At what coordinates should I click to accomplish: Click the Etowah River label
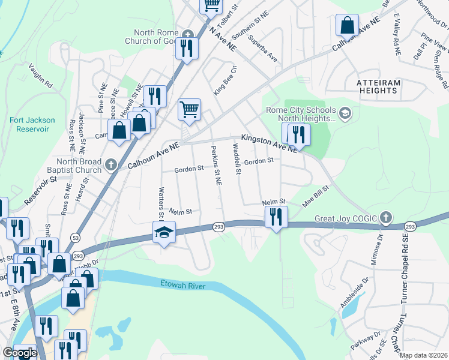tap(182, 285)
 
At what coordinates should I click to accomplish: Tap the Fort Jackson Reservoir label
tap(32, 124)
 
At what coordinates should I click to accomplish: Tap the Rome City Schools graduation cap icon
tap(345, 113)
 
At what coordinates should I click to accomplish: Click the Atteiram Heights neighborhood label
tap(377, 86)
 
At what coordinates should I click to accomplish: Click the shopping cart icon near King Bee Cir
tap(189, 110)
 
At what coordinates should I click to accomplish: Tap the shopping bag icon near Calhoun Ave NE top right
tap(347, 25)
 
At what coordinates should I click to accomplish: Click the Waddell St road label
tap(237, 161)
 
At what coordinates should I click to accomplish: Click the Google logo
tap(20, 353)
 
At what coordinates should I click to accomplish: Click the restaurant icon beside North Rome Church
tap(187, 48)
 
